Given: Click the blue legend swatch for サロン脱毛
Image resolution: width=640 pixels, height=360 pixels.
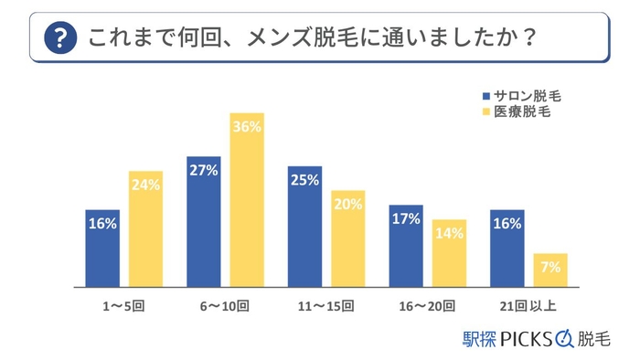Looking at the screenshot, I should pyautogui.click(x=485, y=95).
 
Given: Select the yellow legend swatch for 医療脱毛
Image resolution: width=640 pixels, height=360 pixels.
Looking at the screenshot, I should pyautogui.click(x=485, y=112).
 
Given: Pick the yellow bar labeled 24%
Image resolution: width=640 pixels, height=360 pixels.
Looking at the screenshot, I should pyautogui.click(x=145, y=228).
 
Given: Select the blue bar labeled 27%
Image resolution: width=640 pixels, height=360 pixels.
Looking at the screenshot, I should pyautogui.click(x=203, y=221).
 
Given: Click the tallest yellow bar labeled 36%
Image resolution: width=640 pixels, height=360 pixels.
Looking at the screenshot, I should pyautogui.click(x=247, y=199).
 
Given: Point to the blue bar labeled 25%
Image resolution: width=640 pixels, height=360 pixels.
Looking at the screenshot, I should pyautogui.click(x=304, y=226).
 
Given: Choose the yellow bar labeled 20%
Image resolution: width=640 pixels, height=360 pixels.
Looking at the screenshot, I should pyautogui.click(x=348, y=238).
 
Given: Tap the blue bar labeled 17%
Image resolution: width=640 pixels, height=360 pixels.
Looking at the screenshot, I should pyautogui.click(x=406, y=245).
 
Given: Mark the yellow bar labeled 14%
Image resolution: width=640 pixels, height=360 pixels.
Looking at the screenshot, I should pyautogui.click(x=449, y=252).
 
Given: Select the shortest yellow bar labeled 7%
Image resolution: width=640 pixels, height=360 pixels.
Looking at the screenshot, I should pyautogui.click(x=550, y=270).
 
